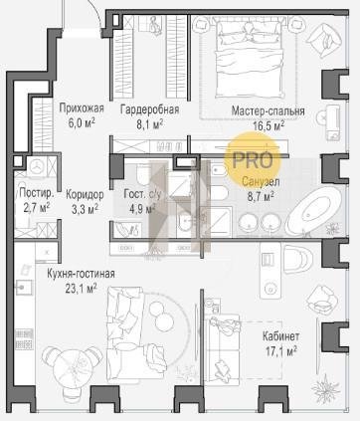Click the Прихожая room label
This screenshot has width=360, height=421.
point(82,108)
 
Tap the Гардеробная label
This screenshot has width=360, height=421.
point(149,109)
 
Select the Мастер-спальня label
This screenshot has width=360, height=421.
point(268,110)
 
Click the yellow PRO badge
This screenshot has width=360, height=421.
point(253,160)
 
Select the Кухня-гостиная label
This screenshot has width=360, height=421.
point(81,274)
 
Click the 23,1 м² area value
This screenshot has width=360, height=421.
point(81,289)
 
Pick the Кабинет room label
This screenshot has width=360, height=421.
point(280,336)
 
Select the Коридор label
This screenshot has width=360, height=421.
point(85,195)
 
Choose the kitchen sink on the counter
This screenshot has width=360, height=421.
point(24,288)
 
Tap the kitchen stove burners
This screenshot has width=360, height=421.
point(24,338)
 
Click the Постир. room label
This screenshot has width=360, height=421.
point(36,193)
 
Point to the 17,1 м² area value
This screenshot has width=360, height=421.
point(280,351)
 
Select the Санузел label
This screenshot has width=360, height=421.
point(261,182)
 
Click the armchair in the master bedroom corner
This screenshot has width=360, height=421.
point(324,40)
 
